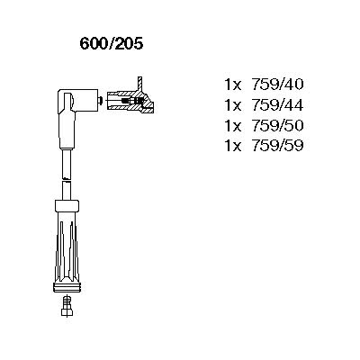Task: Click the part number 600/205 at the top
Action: point(112,44)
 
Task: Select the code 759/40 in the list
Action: point(277,85)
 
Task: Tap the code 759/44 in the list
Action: point(277,105)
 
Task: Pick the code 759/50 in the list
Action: point(277,125)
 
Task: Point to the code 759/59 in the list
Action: point(277,146)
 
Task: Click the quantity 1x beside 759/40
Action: point(233,85)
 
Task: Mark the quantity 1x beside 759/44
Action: point(233,105)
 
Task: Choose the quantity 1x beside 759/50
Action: point(233,125)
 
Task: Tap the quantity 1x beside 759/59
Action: point(233,146)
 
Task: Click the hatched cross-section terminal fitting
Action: point(130,101)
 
